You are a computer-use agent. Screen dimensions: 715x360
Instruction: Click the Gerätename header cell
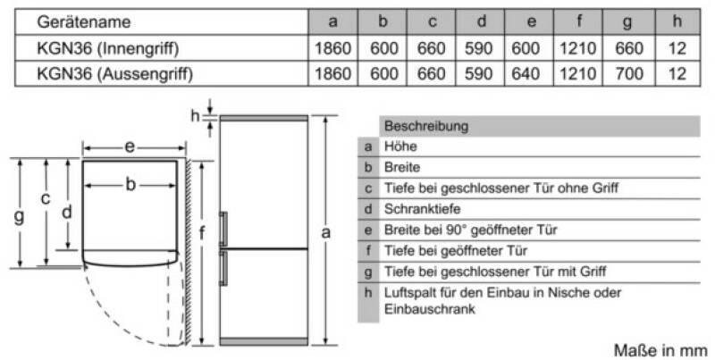click(83, 21)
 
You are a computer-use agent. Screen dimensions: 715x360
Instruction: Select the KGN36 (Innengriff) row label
click(107, 48)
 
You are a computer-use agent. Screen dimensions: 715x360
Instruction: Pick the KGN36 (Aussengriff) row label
click(115, 74)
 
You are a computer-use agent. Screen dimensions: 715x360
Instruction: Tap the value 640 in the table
click(526, 74)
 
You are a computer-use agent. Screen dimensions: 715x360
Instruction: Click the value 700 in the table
click(629, 74)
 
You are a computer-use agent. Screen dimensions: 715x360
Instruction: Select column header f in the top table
click(578, 21)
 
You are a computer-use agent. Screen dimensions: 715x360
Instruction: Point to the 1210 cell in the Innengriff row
click(577, 48)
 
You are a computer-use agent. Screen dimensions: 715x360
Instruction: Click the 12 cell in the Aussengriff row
click(677, 74)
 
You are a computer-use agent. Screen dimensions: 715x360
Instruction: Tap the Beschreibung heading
click(426, 126)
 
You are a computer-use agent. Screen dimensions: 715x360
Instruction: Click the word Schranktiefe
click(422, 209)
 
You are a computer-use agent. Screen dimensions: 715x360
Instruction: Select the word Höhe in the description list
click(400, 147)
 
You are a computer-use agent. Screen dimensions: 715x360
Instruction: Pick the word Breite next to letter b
click(402, 167)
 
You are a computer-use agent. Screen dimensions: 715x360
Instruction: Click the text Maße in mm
click(660, 350)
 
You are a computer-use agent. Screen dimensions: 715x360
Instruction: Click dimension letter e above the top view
click(130, 147)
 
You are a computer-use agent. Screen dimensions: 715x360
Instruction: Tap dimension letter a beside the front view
click(325, 233)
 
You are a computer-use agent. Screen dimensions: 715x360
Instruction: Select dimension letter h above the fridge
click(195, 116)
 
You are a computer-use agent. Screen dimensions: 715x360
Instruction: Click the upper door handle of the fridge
click(223, 230)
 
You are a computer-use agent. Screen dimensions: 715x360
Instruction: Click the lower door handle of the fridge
click(223, 268)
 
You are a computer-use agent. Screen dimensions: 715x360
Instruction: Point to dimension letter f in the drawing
click(201, 233)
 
